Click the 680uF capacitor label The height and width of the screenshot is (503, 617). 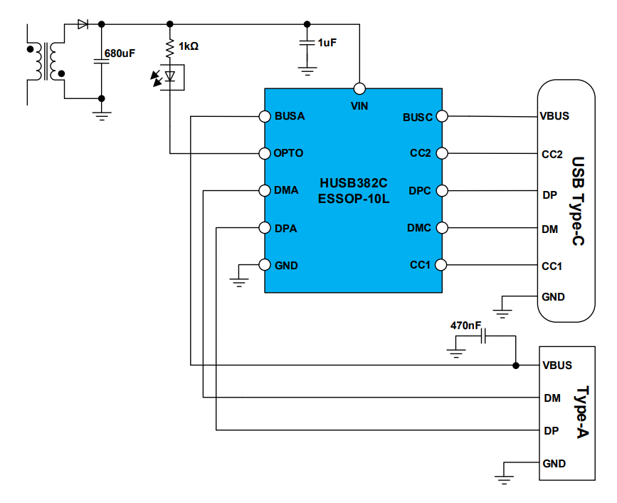pos(120,53)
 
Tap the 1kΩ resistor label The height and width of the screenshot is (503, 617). pos(189,46)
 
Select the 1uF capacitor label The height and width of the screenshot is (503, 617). pos(327,43)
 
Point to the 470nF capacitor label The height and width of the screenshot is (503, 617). pos(465,325)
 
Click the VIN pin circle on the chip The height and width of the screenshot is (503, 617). pos(359,89)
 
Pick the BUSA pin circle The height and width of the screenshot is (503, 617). pos(264,116)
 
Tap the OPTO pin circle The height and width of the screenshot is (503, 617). pos(264,153)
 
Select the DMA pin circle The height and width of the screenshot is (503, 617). pos(264,190)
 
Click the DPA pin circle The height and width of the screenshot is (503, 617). pos(264,228)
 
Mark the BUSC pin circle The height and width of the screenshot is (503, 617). pos(442,116)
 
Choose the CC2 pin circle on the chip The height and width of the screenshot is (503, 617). pos(442,153)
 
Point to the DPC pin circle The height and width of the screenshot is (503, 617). pos(442,190)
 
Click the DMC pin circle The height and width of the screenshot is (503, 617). pos(442,228)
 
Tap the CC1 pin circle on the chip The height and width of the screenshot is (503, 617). pos(442,265)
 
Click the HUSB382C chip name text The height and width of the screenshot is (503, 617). pos(354,182)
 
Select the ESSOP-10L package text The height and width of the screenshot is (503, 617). pos(354,197)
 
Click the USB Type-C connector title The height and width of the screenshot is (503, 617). pos(578,202)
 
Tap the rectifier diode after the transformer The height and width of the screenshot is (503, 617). pos(83,24)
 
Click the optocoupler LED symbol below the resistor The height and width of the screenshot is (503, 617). pos(169,76)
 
